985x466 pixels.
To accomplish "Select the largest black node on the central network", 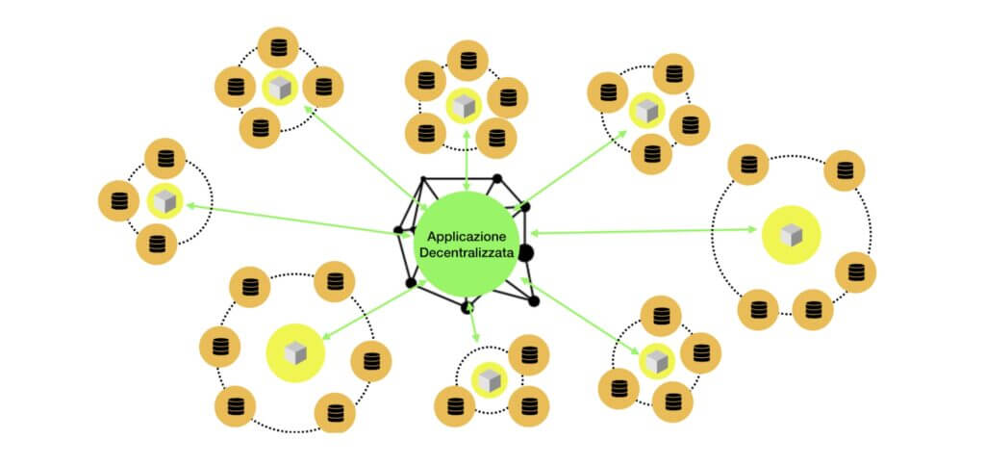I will pyautogui.click(x=525, y=252).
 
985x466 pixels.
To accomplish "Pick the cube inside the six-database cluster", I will pyautogui.click(x=295, y=353).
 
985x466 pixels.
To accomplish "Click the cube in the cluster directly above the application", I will pyautogui.click(x=464, y=106).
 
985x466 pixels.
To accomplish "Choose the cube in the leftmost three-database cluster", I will pyautogui.click(x=164, y=201).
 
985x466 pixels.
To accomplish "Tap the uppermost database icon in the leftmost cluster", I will pyautogui.click(x=164, y=158).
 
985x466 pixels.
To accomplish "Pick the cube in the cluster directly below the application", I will pyautogui.click(x=490, y=376).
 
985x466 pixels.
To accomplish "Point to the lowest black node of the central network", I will pyautogui.click(x=467, y=307).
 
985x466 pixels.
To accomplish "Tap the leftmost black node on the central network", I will pyautogui.click(x=398, y=230).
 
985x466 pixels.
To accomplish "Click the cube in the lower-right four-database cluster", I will pyautogui.click(x=656, y=361).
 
